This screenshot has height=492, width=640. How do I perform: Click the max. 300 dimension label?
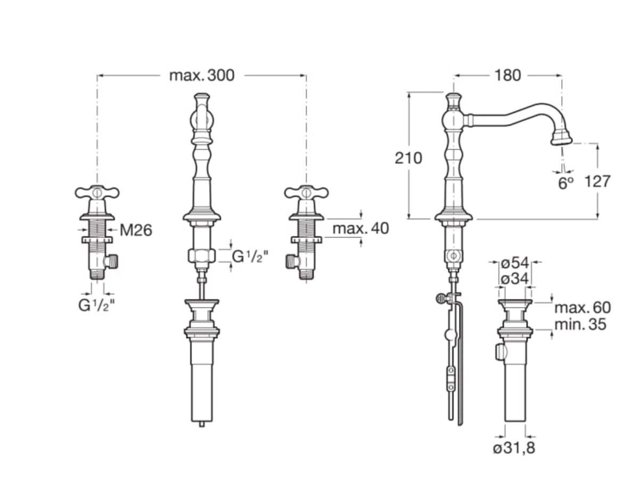202,76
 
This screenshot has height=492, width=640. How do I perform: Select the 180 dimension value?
507,76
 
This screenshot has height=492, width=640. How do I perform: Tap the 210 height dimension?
408,158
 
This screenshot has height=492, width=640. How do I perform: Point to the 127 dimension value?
597,181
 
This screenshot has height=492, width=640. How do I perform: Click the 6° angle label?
566,183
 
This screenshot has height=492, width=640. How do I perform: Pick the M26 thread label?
136,230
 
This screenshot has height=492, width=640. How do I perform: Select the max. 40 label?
360,228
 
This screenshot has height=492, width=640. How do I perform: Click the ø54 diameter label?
515,263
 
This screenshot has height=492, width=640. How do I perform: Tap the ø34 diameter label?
515,278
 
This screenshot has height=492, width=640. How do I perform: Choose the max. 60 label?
582,308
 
